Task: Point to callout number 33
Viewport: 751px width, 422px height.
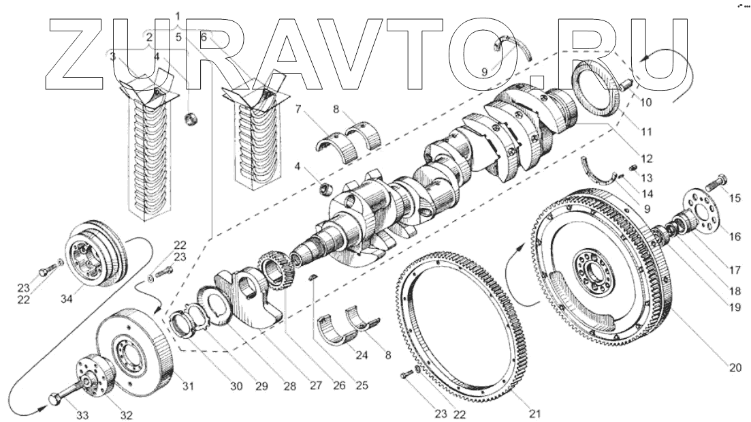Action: [63, 414]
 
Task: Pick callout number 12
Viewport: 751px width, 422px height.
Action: [647, 158]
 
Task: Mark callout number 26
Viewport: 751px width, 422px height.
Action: [338, 386]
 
